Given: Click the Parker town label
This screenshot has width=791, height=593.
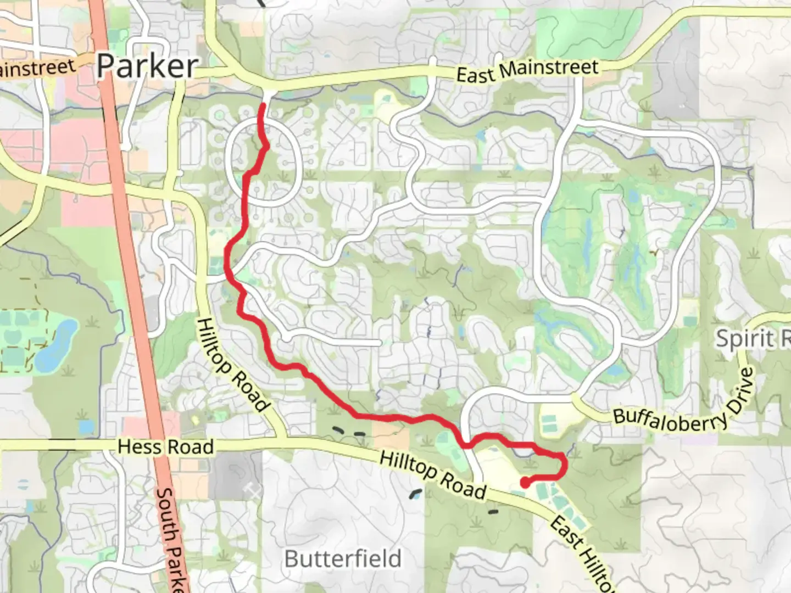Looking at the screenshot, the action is click(x=147, y=67).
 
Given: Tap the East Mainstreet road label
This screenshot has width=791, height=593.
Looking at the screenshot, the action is click(x=527, y=71).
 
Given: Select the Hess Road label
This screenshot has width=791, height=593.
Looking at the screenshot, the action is click(x=165, y=447).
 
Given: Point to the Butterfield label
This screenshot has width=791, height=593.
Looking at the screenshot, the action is click(x=343, y=559).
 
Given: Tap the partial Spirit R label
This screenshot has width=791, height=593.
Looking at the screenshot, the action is click(x=753, y=339).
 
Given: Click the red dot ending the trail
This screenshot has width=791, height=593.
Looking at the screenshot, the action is click(x=525, y=483).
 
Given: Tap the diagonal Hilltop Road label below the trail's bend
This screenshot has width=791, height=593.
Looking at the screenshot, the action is click(x=233, y=365).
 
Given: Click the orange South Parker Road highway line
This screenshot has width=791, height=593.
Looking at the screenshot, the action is click(x=132, y=275).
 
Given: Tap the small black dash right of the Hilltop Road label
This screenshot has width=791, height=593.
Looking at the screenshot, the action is click(x=493, y=512).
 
